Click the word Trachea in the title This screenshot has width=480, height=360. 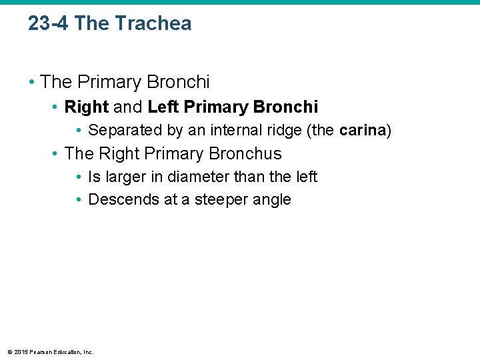153,23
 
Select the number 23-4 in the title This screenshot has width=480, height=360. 49,23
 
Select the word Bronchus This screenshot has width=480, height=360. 245,153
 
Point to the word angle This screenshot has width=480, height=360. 273,200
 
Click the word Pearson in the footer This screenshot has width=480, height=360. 38,352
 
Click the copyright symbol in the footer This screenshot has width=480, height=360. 9,352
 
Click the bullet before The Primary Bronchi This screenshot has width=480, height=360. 31,83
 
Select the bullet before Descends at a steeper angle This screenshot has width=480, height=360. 79,200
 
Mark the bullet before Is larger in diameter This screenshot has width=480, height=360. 79,177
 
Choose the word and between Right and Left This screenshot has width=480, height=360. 128,107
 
